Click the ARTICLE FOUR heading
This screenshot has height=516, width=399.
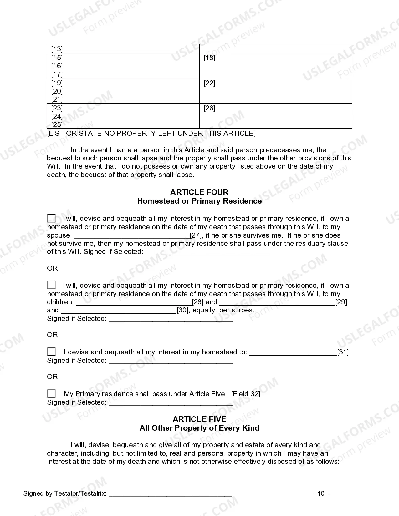[199, 192]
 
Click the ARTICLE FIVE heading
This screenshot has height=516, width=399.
[199, 419]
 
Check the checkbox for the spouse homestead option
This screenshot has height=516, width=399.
[51, 218]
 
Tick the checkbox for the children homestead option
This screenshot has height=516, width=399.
[51, 285]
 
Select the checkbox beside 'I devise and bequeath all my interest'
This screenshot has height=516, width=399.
[51, 352]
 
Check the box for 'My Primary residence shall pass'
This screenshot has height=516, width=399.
[51, 393]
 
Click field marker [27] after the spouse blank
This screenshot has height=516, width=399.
[196, 235]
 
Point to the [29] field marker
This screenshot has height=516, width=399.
[341, 302]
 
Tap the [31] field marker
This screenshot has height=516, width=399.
[343, 352]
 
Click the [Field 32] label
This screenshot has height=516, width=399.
[245, 394]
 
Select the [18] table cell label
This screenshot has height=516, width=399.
[209, 58]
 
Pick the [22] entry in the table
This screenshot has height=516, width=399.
[209, 83]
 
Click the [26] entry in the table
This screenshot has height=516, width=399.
[209, 108]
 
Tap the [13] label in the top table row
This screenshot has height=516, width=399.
[57, 49]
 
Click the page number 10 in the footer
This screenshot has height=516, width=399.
[321, 493]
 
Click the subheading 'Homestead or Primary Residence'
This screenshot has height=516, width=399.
[199, 201]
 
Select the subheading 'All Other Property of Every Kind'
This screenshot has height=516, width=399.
[199, 428]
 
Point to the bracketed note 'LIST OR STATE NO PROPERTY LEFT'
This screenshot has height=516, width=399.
[151, 133]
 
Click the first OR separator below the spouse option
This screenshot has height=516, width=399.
[52, 268]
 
